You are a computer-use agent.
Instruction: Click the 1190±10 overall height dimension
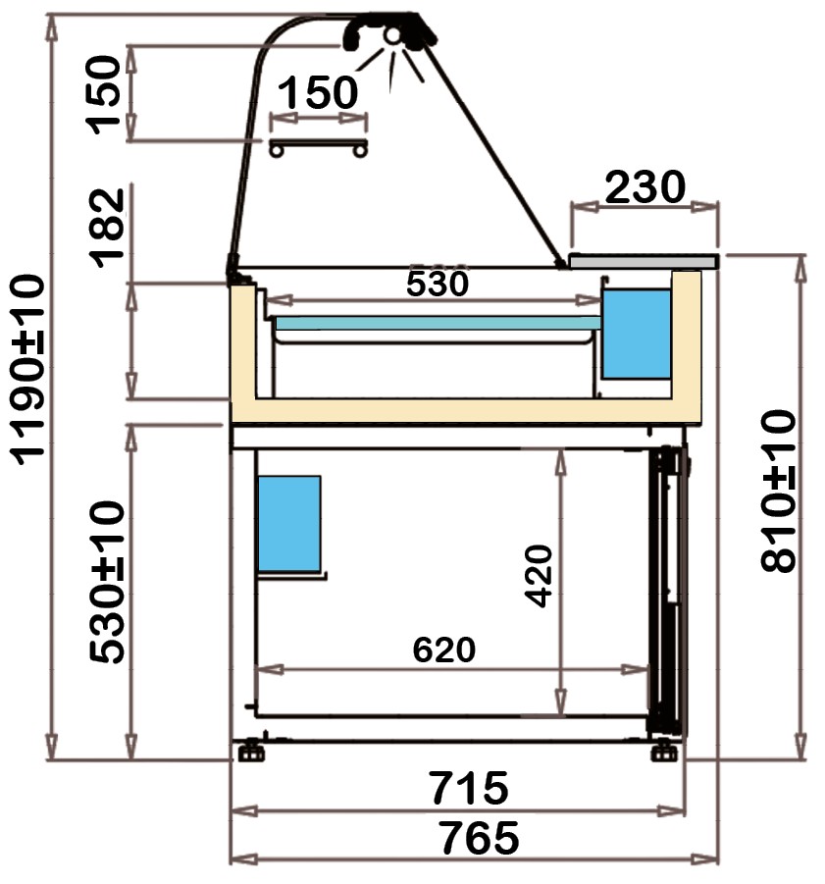[x=27, y=369]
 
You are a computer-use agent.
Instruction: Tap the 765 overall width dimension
[x=479, y=838]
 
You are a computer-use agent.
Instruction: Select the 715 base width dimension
[x=469, y=787]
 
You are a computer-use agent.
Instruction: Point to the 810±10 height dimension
[x=778, y=491]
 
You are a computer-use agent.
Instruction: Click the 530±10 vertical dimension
[x=107, y=582]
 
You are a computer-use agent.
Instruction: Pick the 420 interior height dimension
[x=538, y=576]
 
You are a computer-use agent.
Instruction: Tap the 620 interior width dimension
[x=444, y=650]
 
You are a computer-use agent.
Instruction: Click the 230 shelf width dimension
[x=645, y=186]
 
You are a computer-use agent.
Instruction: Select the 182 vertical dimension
[x=107, y=228]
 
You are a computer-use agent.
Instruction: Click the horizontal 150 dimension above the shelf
[x=318, y=92]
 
